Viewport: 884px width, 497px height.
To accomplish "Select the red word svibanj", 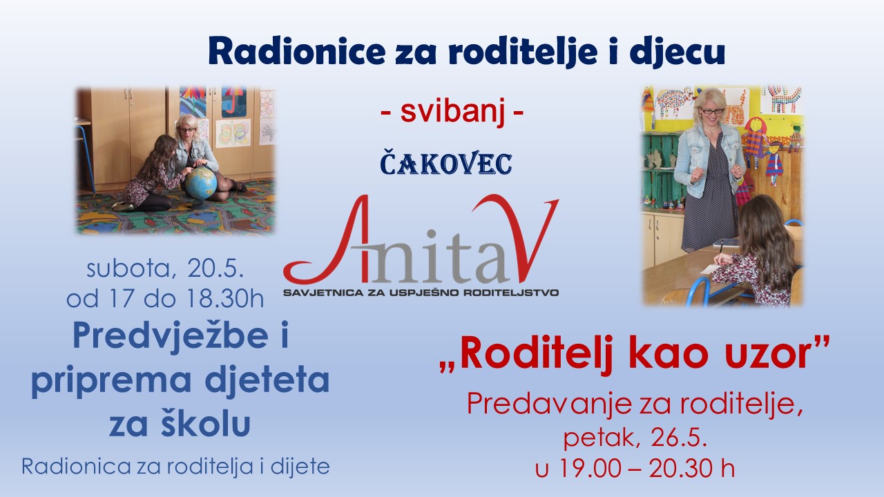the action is [x=452, y=112].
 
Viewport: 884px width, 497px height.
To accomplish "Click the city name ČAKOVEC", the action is [x=446, y=162].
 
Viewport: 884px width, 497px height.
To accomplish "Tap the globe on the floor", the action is [x=200, y=183].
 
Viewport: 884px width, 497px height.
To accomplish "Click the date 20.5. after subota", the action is [x=215, y=269].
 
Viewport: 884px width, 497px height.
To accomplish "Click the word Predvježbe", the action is [x=171, y=335].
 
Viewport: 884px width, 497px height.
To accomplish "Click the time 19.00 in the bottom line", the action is [x=593, y=468].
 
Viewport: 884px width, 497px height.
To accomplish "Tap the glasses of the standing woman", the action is [x=711, y=112].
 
